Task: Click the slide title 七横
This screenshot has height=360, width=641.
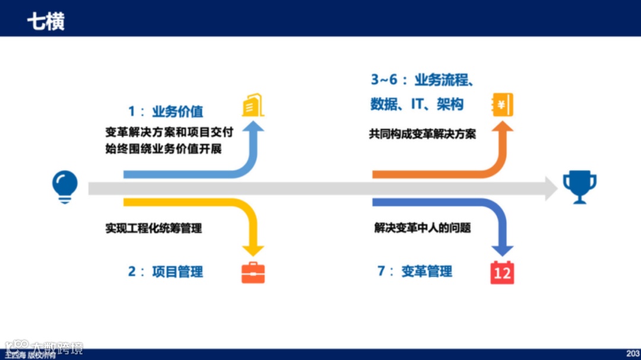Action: (x=46, y=22)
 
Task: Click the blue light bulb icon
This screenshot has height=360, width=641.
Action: (x=65, y=186)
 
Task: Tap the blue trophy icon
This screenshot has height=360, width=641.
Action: (x=579, y=186)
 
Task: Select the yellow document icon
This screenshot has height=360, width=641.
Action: (x=252, y=105)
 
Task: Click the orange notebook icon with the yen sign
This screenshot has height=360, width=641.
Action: (x=503, y=105)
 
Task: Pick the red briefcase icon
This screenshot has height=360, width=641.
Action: (x=253, y=272)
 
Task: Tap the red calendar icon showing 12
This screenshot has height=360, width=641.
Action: (x=502, y=272)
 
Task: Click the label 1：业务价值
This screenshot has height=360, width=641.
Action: (x=166, y=111)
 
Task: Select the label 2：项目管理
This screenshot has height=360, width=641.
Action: (x=166, y=272)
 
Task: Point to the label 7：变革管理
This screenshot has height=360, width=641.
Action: (x=415, y=272)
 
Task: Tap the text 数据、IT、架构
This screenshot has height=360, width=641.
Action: (x=417, y=104)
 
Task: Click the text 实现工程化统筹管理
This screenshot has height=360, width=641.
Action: (x=154, y=228)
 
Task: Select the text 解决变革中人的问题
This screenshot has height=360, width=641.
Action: (x=423, y=228)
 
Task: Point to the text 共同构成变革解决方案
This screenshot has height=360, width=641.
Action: (x=423, y=134)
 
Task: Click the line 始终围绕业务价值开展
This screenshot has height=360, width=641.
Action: (x=163, y=149)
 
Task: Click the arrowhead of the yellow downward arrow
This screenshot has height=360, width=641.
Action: (x=253, y=250)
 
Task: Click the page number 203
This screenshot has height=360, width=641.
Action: (x=633, y=353)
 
